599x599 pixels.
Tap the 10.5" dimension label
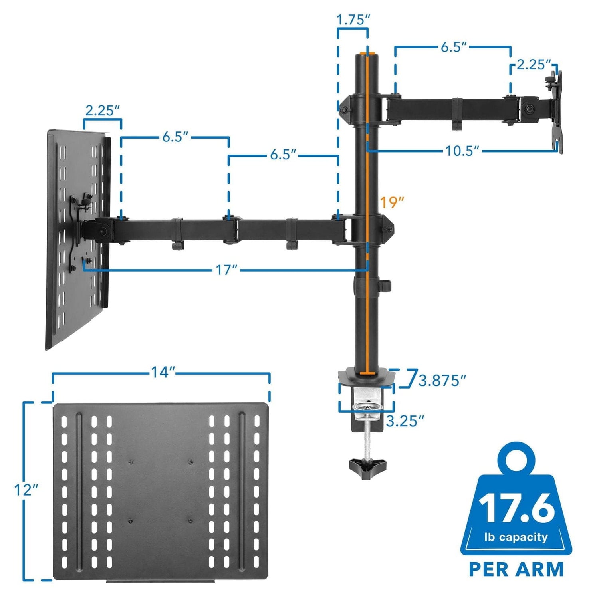(x=462, y=151)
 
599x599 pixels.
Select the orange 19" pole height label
(x=391, y=202)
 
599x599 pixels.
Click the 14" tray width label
(x=163, y=373)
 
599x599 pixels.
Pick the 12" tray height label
(x=26, y=490)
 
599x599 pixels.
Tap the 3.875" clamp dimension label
(x=442, y=381)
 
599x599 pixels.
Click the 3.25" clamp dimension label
(x=405, y=421)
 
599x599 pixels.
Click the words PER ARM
(x=516, y=569)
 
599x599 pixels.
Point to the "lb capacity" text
(x=516, y=537)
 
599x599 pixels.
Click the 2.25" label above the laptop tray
(x=103, y=111)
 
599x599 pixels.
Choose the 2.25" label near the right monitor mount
(x=534, y=65)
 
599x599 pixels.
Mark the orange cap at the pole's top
(x=368, y=53)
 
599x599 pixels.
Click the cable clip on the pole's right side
(x=386, y=286)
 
